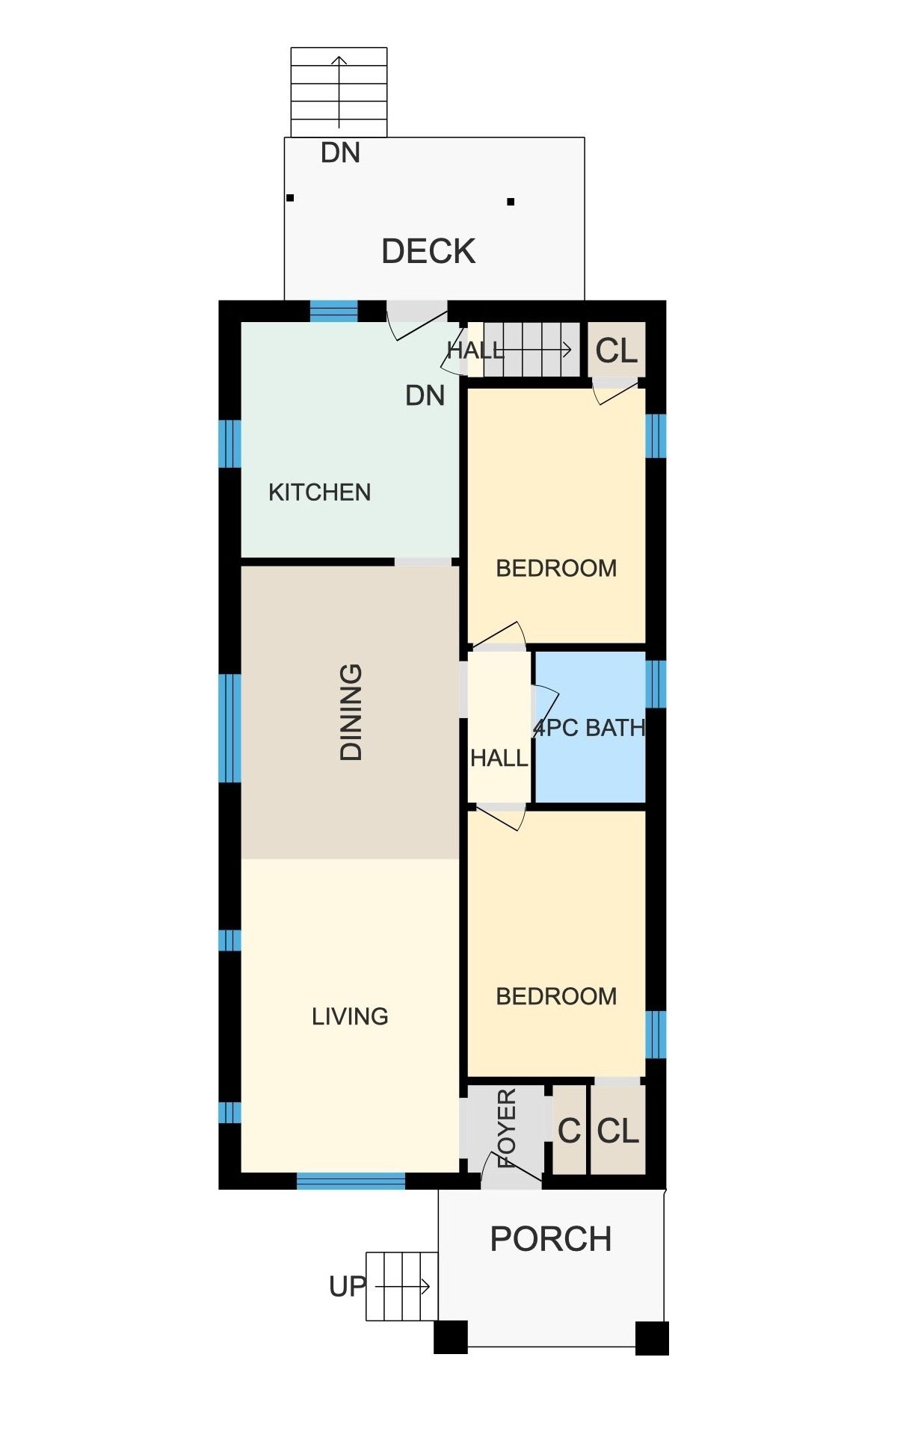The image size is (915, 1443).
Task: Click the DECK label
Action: tap(428, 251)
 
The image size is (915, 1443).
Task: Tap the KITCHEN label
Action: tap(319, 492)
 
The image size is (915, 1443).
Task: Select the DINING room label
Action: tap(351, 712)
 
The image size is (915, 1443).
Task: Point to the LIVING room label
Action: tap(350, 1016)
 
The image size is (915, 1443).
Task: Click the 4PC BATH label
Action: tap(589, 728)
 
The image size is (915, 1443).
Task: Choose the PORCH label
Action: tap(551, 1239)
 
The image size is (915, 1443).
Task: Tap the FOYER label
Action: tap(507, 1128)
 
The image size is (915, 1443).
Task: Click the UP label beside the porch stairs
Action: tap(348, 1286)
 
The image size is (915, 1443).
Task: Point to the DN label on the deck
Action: tap(340, 153)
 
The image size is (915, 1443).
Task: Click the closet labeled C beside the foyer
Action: tap(569, 1131)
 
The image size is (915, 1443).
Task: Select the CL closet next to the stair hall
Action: tap(617, 350)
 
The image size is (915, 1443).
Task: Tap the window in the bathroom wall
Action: tap(656, 683)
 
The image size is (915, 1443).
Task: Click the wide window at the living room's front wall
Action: tap(351, 1181)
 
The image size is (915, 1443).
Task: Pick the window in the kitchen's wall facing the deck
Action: tap(334, 311)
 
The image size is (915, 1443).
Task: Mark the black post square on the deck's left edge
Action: tap(290, 198)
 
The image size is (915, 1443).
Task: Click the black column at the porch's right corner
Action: tap(652, 1338)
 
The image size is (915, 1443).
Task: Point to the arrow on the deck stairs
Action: tap(339, 92)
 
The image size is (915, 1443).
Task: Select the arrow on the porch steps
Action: tap(402, 1286)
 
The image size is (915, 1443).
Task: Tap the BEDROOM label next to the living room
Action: tap(556, 996)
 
